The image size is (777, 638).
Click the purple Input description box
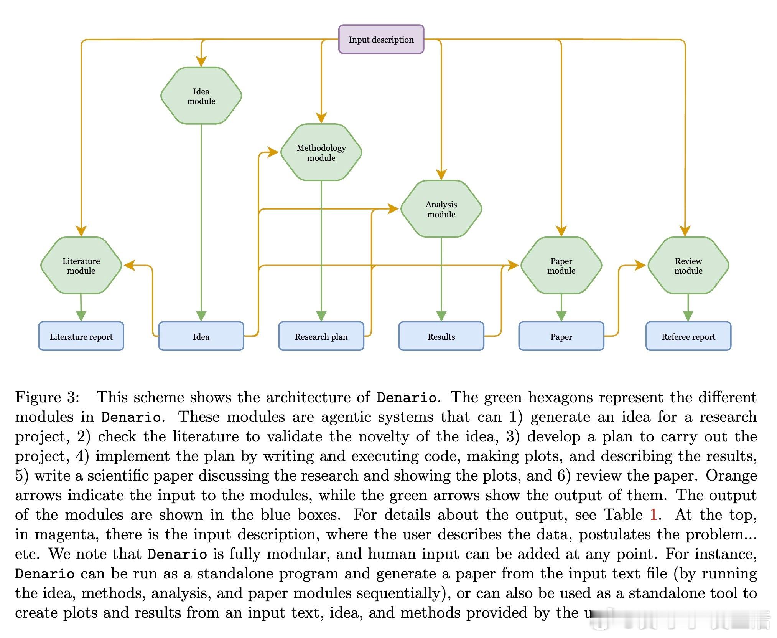click(381, 39)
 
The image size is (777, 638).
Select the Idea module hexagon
click(201, 96)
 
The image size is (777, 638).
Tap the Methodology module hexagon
click(321, 152)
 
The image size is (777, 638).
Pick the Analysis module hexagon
click(441, 209)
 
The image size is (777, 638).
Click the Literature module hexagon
click(81, 265)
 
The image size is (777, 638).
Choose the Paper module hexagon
click(561, 265)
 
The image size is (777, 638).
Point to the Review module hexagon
click(688, 265)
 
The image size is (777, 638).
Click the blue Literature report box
click(81, 336)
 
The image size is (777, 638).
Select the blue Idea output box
click(201, 336)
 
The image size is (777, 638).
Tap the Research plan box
click(321, 336)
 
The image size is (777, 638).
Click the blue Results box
click(441, 336)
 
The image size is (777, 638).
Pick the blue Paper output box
click(561, 336)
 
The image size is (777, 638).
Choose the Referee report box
click(688, 336)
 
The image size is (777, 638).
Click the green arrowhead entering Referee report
click(688, 316)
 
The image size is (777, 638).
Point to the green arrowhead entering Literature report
click(81, 316)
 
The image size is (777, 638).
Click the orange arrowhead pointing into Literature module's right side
click(130, 265)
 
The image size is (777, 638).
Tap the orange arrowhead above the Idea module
click(201, 61)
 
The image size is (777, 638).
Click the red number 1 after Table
click(654, 514)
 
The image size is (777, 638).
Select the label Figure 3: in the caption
click(47, 397)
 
